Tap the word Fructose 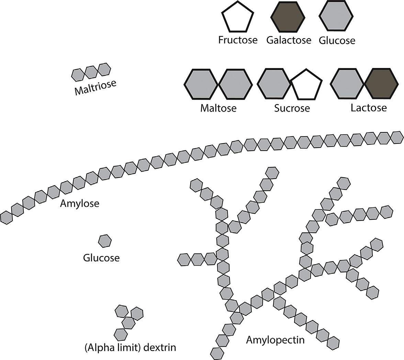click(238, 40)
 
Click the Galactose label click(289, 40)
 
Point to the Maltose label click(218, 108)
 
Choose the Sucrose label click(292, 108)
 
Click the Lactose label click(369, 108)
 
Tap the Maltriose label click(96, 87)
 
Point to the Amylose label click(79, 203)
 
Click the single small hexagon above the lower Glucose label click(105, 241)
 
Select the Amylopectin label click(275, 340)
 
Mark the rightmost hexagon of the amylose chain click(397, 137)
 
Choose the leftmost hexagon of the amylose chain click(6, 218)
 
